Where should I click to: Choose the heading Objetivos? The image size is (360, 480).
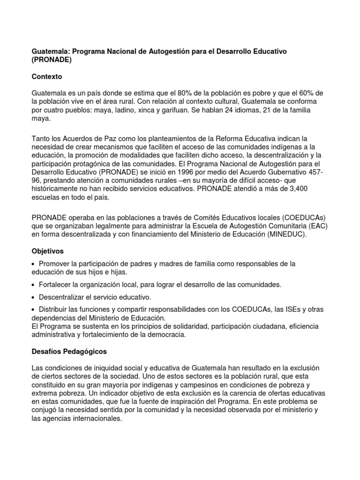tap(47, 251)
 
